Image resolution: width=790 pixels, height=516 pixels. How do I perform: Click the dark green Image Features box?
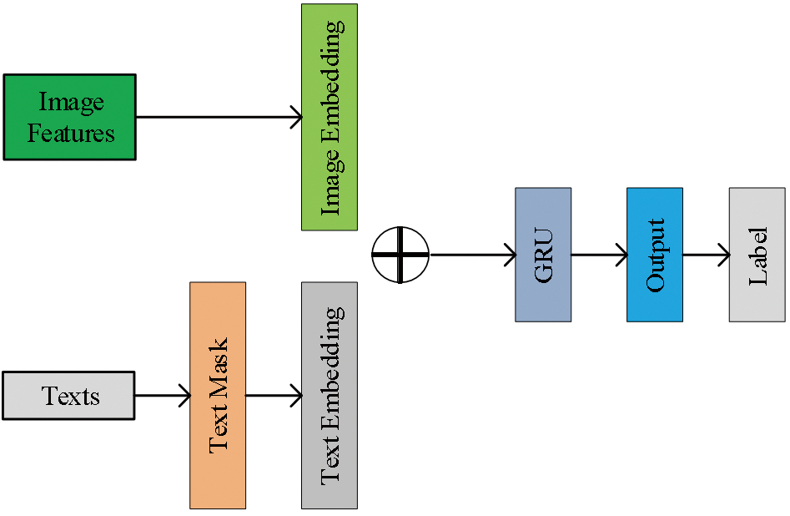(x=69, y=117)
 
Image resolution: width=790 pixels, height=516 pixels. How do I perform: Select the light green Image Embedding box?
(x=330, y=117)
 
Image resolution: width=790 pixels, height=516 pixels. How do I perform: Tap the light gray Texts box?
(x=69, y=396)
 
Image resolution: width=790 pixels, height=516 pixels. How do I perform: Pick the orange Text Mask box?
(x=218, y=395)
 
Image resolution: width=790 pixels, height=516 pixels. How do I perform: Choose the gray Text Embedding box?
(x=330, y=395)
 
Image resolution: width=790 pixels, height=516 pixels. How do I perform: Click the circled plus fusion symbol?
(x=400, y=254)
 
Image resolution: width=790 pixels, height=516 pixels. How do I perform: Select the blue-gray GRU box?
(x=543, y=254)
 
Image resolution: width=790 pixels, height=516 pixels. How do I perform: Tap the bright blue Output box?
(x=655, y=254)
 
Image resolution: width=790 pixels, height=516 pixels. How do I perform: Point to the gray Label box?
(x=757, y=254)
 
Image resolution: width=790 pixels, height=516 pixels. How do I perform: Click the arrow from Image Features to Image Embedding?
(x=217, y=117)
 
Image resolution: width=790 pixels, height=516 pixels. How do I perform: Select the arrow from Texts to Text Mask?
(x=163, y=396)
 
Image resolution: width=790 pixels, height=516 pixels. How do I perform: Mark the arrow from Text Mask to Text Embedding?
(x=274, y=396)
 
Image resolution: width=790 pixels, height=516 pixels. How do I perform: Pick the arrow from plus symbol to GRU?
(x=471, y=254)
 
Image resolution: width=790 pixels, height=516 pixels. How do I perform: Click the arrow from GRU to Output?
(x=599, y=254)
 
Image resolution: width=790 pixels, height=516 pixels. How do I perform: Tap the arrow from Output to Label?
(x=706, y=254)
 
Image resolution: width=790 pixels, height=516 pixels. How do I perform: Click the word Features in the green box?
(x=71, y=133)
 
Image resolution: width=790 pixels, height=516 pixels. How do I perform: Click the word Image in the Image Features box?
(x=71, y=102)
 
